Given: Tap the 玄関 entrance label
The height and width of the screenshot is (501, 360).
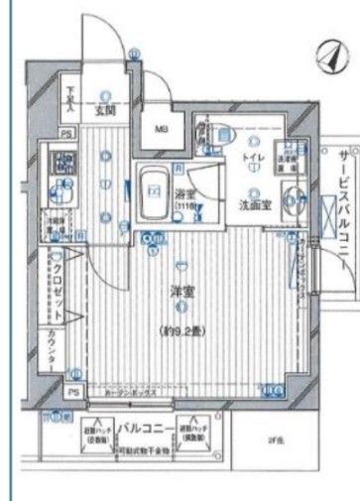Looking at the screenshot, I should point(105,112).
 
